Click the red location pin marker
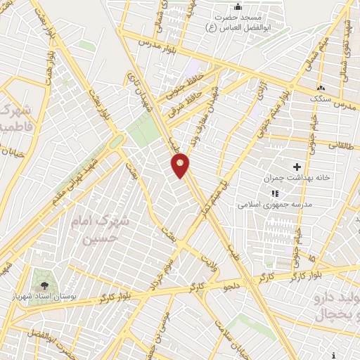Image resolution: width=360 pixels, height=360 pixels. pyautogui.click(x=181, y=165)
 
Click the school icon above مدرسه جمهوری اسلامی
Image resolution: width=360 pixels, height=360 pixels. pyautogui.click(x=275, y=193)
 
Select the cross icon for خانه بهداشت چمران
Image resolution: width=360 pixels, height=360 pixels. pyautogui.click(x=296, y=167)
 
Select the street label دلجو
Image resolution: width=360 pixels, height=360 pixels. pyautogui.click(x=231, y=285)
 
